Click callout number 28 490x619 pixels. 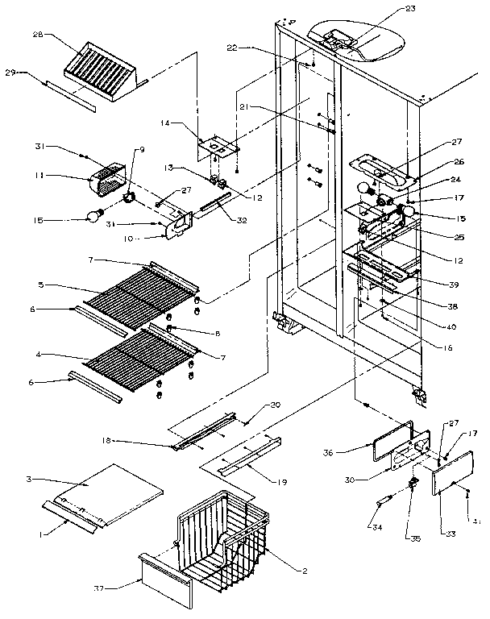coord(38,35)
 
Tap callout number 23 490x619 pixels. coord(388,10)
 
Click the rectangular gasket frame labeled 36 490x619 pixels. coord(387,438)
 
